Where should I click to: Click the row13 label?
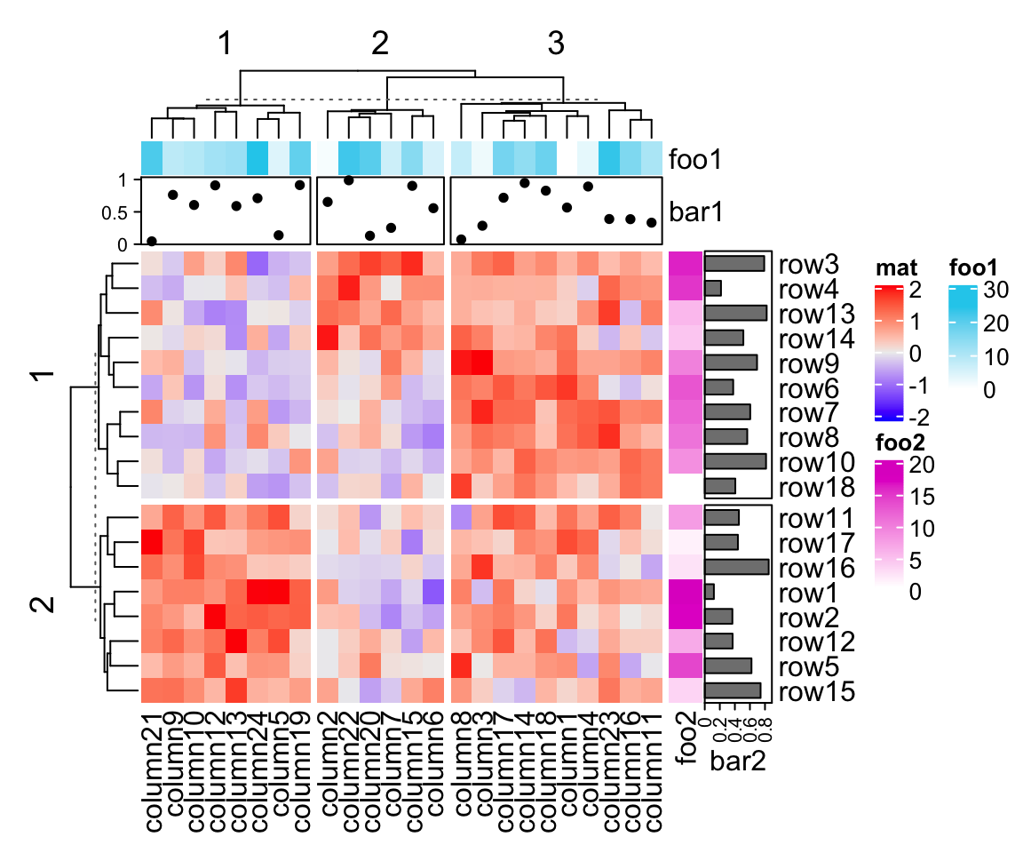tap(815, 314)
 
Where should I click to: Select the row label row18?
tap(815, 487)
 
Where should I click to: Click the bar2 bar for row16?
tap(736, 567)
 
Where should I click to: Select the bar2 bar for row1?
tap(710, 591)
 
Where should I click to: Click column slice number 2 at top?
tap(380, 44)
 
